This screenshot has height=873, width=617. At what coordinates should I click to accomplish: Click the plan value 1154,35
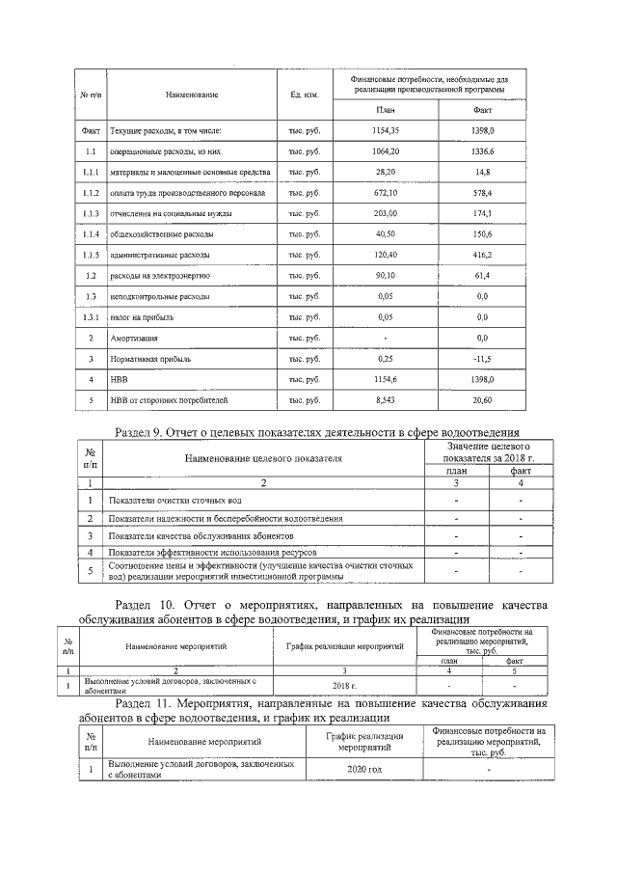pyautogui.click(x=385, y=129)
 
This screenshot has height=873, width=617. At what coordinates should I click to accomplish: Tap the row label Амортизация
pyautogui.click(x=135, y=339)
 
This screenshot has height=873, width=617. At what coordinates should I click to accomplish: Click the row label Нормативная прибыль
pyautogui.click(x=150, y=359)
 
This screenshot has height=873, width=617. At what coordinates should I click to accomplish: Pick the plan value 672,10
pyautogui.click(x=385, y=192)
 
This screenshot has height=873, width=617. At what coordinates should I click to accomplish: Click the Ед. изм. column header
pyautogui.click(x=304, y=95)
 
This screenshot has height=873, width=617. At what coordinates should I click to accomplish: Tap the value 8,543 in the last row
pyautogui.click(x=385, y=399)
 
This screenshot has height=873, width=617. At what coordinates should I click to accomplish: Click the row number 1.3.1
pyautogui.click(x=91, y=317)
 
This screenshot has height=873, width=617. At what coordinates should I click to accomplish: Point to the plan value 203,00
pyautogui.click(x=385, y=213)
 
